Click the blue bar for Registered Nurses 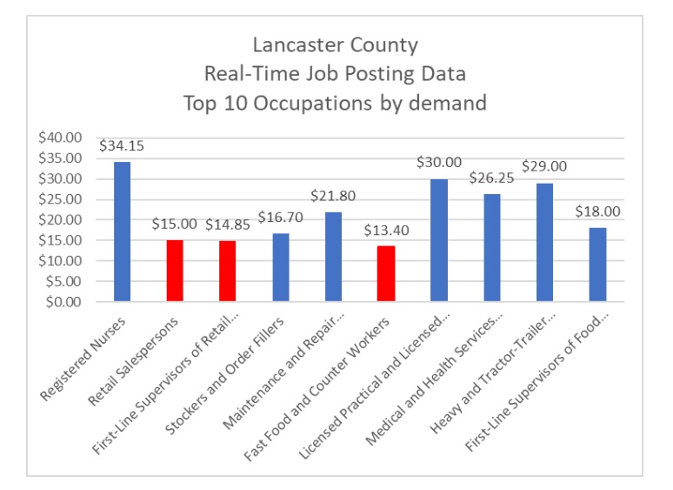click(x=122, y=232)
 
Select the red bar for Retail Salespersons click(x=175, y=271)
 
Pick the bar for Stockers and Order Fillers click(x=280, y=267)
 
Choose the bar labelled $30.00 click(x=439, y=240)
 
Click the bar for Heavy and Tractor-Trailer click(x=544, y=242)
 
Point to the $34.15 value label click(x=122, y=145)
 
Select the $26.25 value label click(x=492, y=178)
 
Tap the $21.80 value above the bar click(x=333, y=196)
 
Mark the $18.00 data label click(x=596, y=211)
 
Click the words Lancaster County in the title click(x=335, y=44)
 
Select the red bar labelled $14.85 click(x=228, y=271)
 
